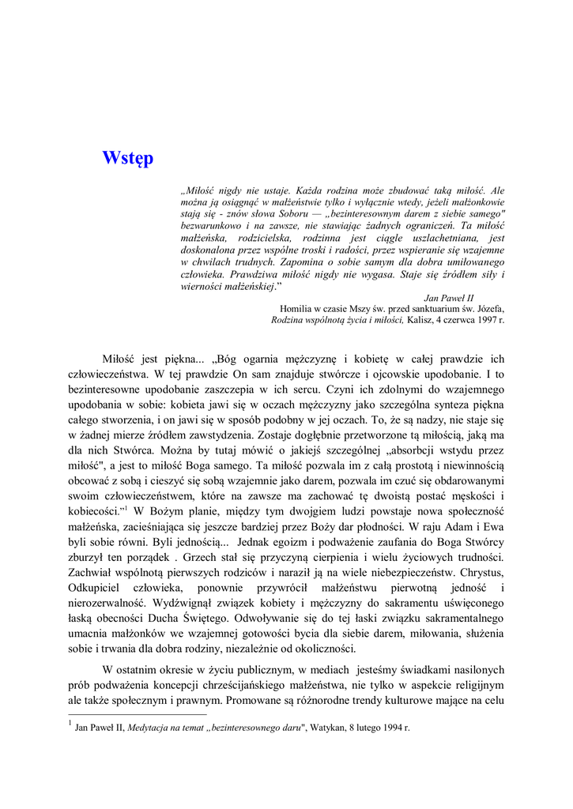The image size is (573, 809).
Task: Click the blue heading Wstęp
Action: click(x=127, y=158)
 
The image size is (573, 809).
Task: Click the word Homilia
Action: click(x=297, y=309)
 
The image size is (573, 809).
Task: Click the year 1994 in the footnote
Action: click(x=395, y=728)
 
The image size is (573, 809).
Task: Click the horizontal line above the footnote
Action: click(x=138, y=714)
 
